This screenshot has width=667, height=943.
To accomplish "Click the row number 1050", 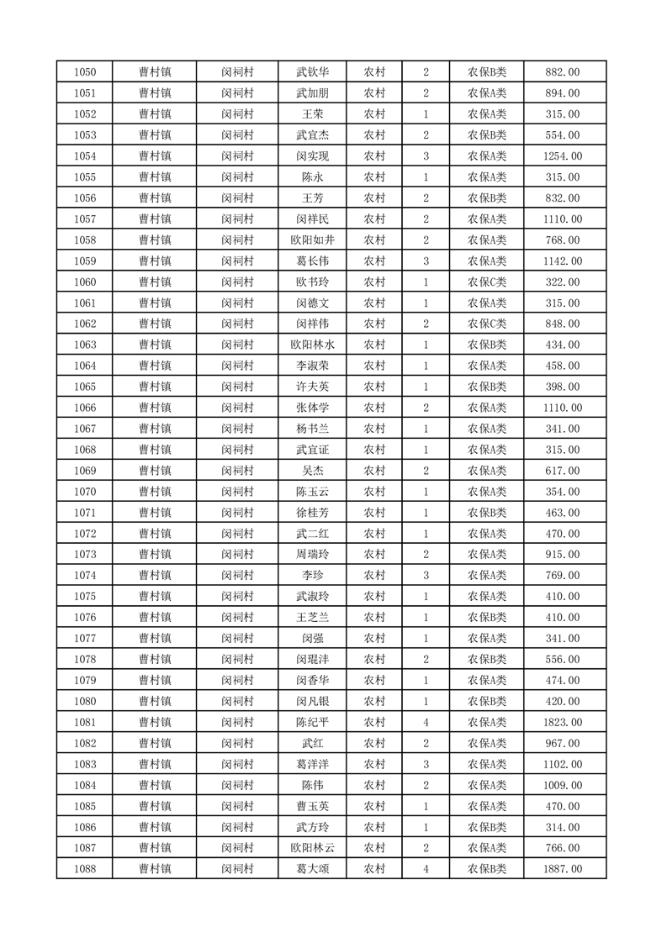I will click(85, 72).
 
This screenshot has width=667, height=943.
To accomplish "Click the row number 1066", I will click(85, 408).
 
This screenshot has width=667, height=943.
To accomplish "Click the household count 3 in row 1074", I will click(426, 575).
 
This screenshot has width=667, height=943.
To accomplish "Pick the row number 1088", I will click(85, 869).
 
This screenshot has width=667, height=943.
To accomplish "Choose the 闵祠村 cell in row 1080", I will click(237, 701).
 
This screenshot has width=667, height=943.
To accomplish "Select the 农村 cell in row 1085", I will click(374, 806).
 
